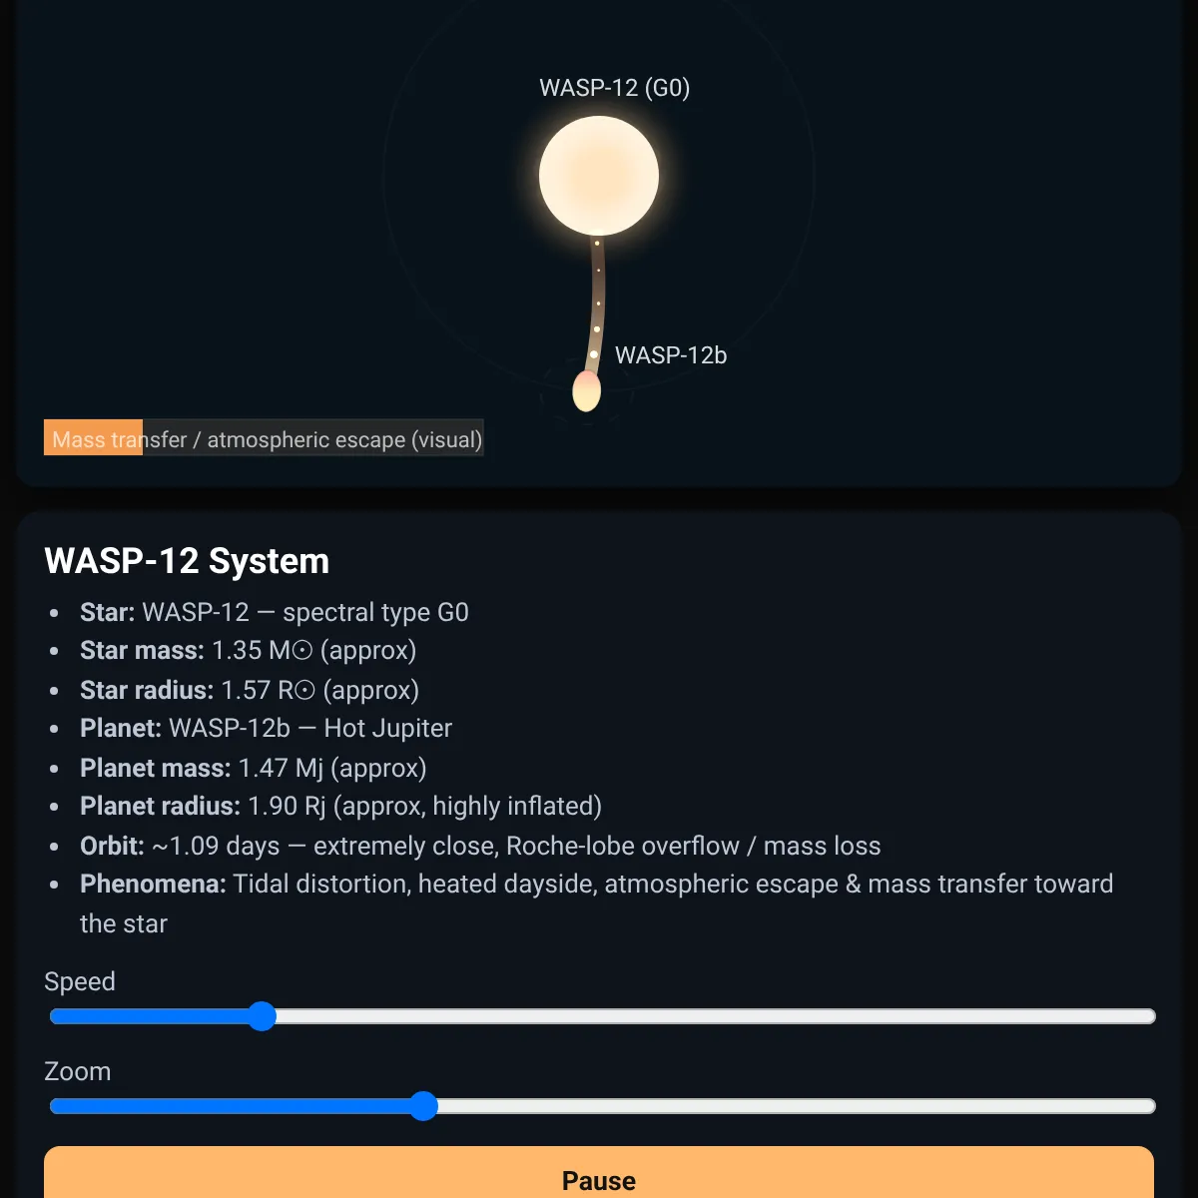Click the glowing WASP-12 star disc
pos(599,176)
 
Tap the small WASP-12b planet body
pos(586,391)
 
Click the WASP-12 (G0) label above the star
pos(614,88)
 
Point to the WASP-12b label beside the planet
pos(671,355)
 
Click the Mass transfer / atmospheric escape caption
pos(267,439)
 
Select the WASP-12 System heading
pos(187,561)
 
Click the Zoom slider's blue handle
pos(423,1106)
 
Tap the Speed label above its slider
pos(80,981)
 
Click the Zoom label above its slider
pos(77,1071)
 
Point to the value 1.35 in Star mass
pos(237,650)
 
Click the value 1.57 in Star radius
pos(246,690)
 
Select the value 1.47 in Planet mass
pos(263,768)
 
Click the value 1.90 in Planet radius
pos(273,806)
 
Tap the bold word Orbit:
pos(112,846)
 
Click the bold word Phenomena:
pos(153,884)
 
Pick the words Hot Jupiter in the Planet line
pos(388,728)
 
